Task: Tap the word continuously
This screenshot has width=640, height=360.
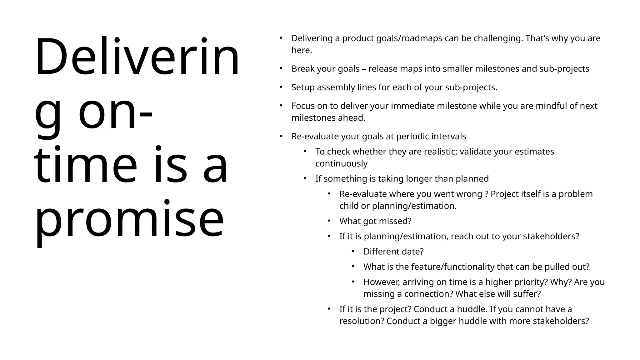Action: coord(341,163)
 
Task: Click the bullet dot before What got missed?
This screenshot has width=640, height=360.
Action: coord(329,221)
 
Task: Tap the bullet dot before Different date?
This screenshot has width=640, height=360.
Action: coord(353,251)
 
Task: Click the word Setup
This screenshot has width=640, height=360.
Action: coord(303,87)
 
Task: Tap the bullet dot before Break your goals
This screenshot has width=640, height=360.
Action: coord(281,68)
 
